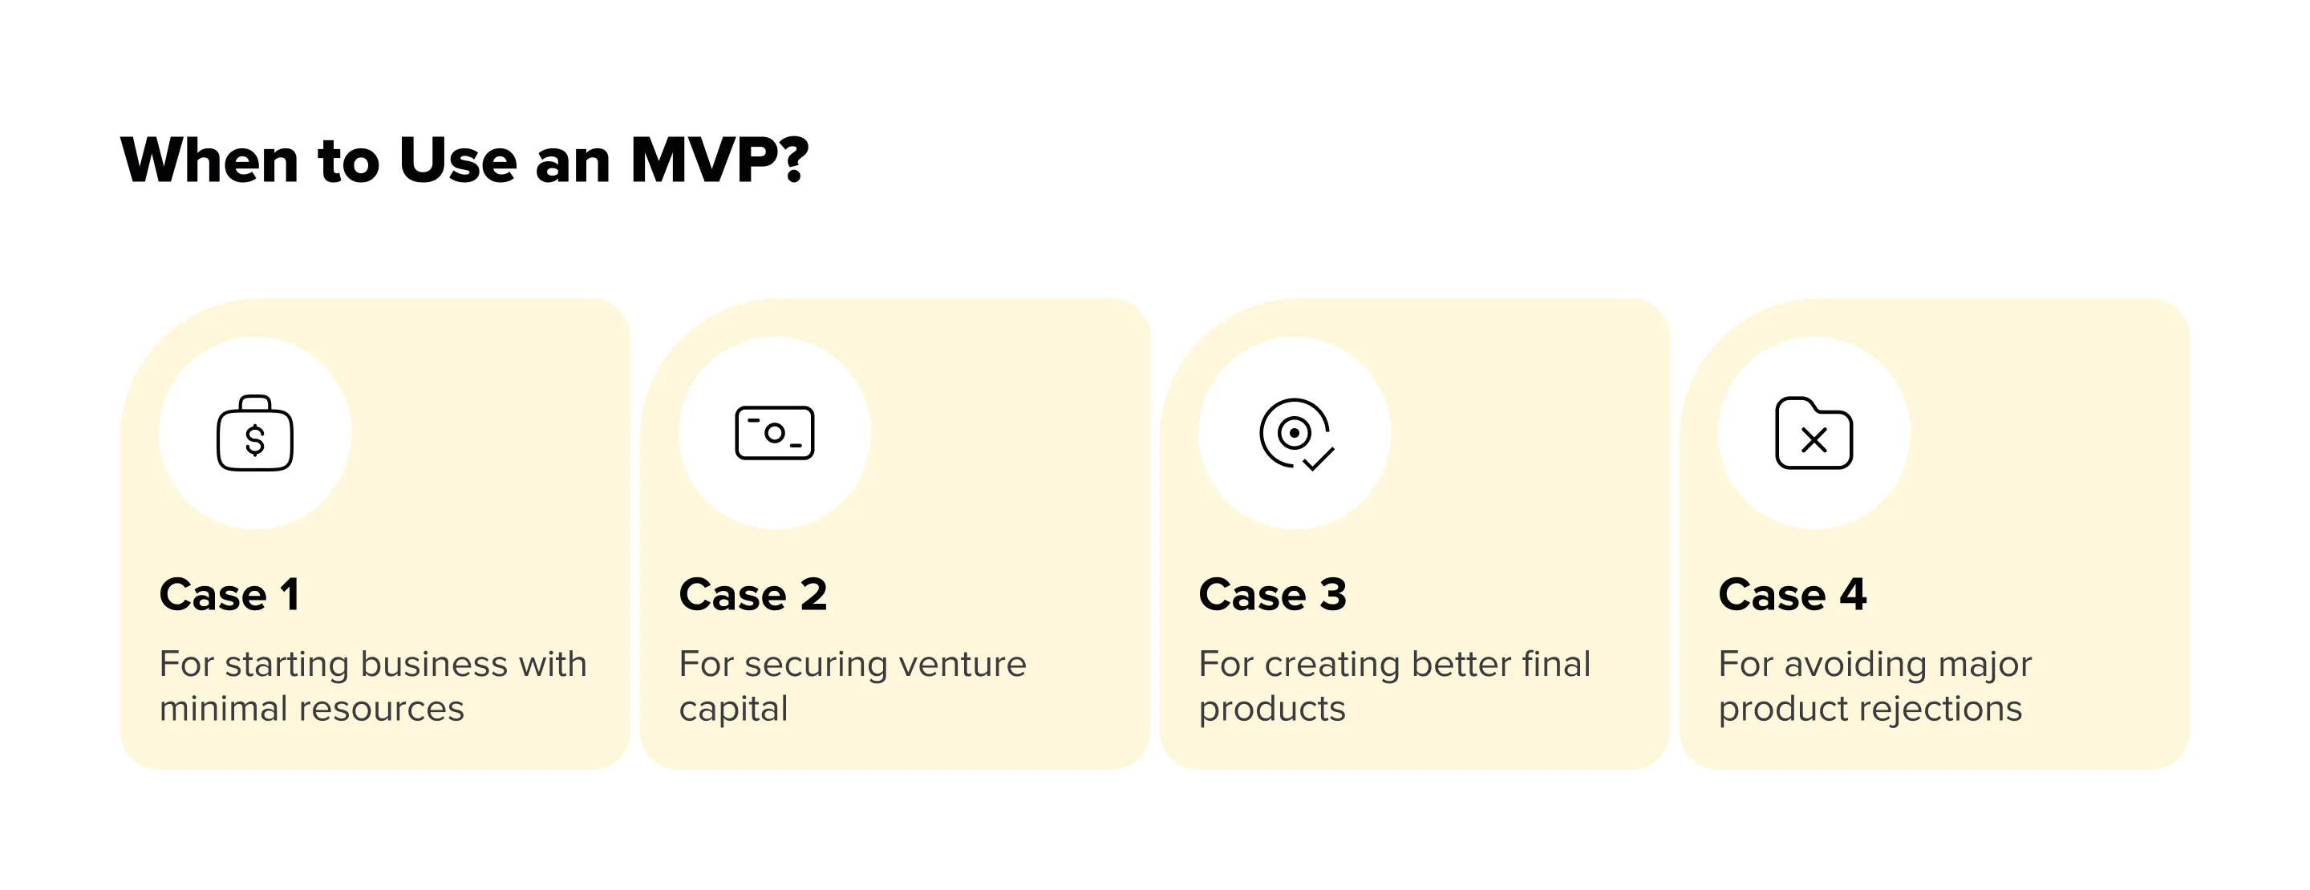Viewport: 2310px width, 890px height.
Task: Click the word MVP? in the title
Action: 719,160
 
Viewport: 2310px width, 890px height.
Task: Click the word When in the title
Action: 209,160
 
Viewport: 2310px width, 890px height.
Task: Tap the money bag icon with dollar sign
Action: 255,434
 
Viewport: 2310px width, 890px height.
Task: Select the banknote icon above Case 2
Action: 775,433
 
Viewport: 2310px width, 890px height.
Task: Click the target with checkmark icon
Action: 1296,435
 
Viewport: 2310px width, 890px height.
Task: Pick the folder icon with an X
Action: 1814,434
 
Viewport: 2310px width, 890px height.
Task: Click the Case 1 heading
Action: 229,594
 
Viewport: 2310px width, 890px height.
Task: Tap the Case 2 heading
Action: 752,594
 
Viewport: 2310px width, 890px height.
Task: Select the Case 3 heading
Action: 1272,594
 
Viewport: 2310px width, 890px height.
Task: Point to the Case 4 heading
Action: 1792,594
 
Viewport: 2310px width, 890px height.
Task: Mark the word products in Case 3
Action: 1271,709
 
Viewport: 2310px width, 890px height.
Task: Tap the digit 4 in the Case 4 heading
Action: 1853,594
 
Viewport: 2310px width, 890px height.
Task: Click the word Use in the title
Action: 457,160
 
